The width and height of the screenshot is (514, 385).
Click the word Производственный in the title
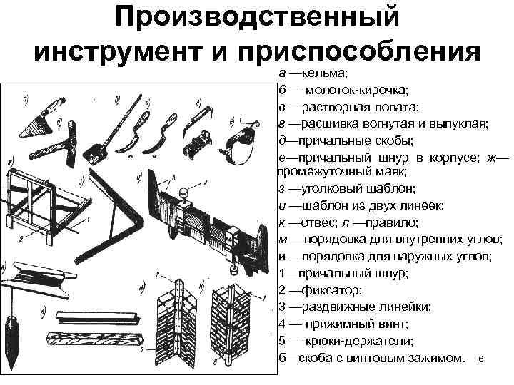coord(257,18)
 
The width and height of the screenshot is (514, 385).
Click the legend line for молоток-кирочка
coord(343,91)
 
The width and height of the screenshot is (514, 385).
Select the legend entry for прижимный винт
coord(343,323)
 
